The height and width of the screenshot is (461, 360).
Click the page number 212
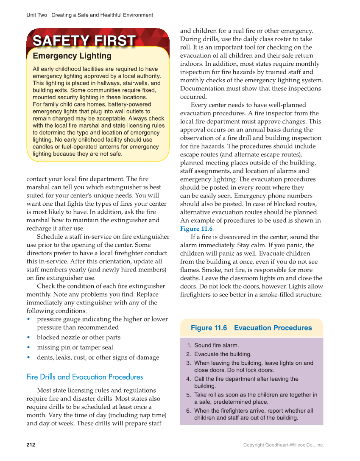31,445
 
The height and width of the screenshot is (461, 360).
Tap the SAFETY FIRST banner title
84,41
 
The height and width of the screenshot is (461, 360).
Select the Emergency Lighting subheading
72,56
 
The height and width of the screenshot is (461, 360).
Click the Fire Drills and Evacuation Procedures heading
85,377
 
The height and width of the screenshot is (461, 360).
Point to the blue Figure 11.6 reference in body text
196,229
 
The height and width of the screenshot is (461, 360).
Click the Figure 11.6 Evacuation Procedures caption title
251,328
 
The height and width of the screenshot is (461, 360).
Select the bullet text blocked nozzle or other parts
78,338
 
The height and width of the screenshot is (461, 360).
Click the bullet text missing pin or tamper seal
75,347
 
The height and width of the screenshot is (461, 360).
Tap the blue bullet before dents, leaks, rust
28,357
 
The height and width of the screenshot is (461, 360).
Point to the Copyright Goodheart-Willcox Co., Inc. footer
283,445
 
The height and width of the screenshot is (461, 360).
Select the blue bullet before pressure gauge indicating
28,319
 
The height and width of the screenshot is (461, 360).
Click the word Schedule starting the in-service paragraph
50,237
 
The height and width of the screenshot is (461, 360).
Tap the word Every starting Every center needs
199,105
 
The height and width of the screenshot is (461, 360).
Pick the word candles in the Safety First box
42,147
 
